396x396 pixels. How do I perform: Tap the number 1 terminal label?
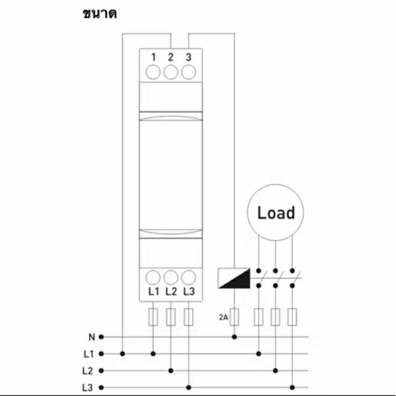click(x=153, y=57)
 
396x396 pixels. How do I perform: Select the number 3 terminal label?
click(x=189, y=57)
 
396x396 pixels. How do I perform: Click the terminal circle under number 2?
click(x=171, y=72)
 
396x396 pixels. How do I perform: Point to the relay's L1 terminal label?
click(x=153, y=292)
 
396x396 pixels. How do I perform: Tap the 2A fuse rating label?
click(x=224, y=317)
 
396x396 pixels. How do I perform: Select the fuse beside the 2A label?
click(x=234, y=317)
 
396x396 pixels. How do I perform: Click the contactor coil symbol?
click(x=234, y=278)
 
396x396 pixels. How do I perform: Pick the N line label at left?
click(x=92, y=337)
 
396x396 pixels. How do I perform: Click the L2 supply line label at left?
click(x=88, y=371)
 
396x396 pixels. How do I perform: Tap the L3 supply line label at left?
click(x=88, y=388)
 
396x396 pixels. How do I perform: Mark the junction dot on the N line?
click(x=234, y=337)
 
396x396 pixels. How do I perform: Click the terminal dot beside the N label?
click(x=101, y=337)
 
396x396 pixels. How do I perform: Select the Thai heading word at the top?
click(x=100, y=14)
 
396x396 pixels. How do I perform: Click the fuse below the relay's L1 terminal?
click(x=153, y=317)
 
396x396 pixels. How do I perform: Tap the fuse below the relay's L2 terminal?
click(x=171, y=317)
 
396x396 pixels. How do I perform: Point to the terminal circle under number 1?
click(x=153, y=72)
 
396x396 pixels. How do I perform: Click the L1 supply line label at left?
click(x=89, y=354)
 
